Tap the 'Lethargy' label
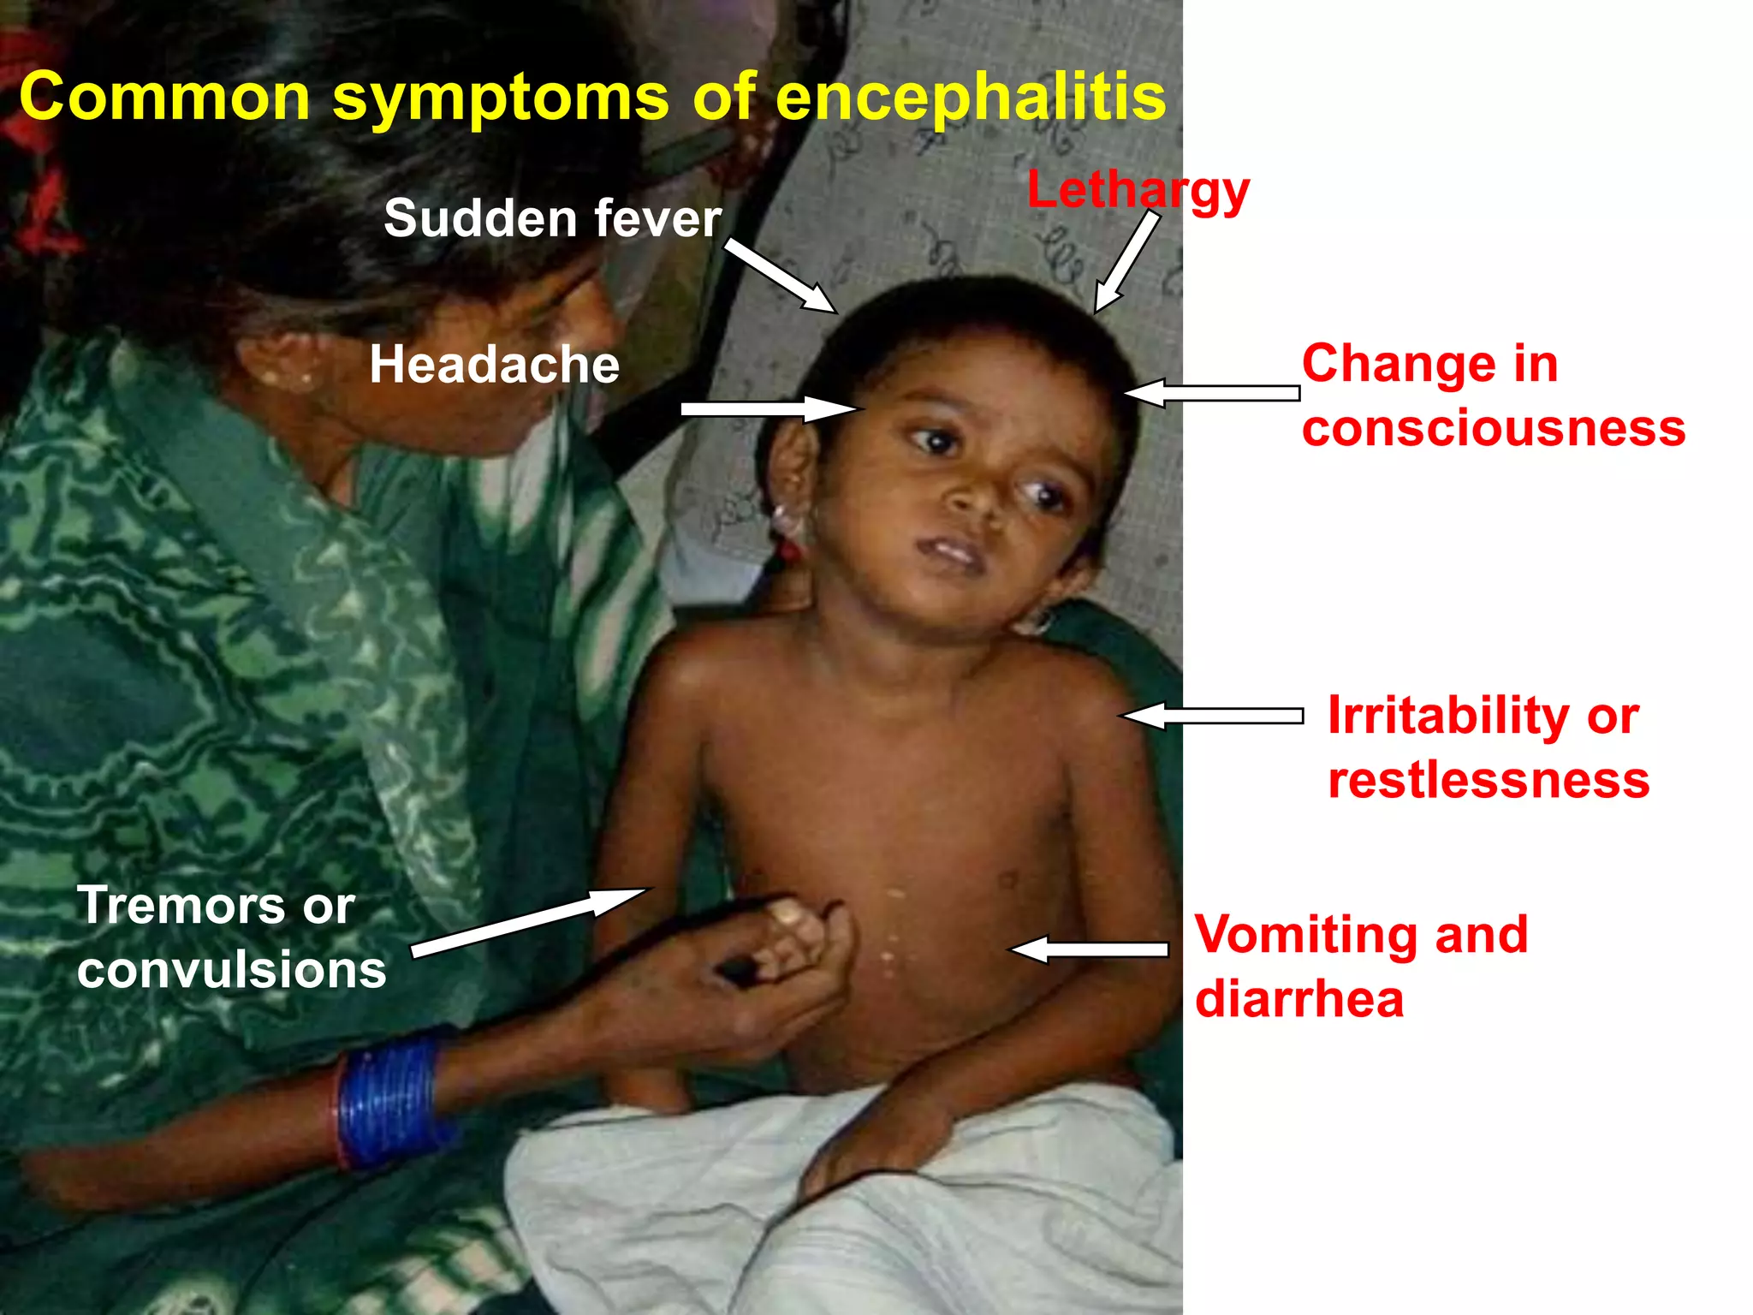pyautogui.click(x=1138, y=190)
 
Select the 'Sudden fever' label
pyautogui.click(x=552, y=218)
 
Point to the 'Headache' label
pyautogui.click(x=494, y=365)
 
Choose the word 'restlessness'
pyautogui.click(x=1488, y=780)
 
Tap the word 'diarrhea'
pyautogui.click(x=1298, y=999)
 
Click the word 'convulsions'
pyautogui.click(x=231, y=970)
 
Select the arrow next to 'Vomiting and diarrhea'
pyautogui.click(x=1089, y=949)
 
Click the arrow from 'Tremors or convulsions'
pyautogui.click(x=529, y=922)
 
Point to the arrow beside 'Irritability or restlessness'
pyautogui.click(x=1212, y=716)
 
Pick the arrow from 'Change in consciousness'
pyautogui.click(x=1211, y=393)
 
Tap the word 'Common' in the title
pyautogui.click(x=163, y=97)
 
